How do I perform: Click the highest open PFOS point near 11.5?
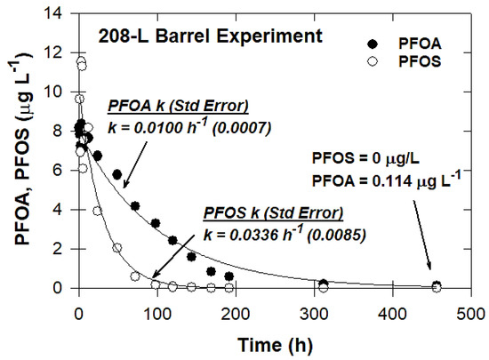(x=81, y=61)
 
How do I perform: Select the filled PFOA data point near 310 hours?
(x=324, y=284)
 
